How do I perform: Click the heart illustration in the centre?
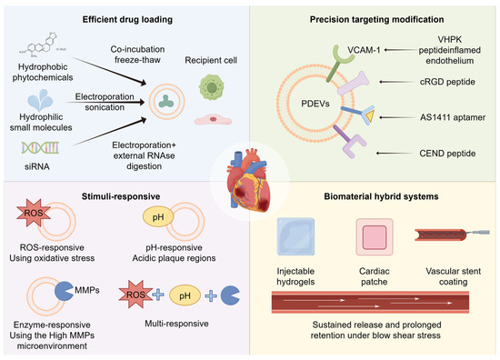[249, 181]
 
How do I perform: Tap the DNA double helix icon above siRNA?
[40, 147]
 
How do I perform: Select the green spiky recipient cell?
[212, 87]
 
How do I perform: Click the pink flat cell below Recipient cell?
[213, 120]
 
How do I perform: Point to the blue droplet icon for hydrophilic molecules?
[40, 100]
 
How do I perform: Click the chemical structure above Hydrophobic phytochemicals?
[43, 46]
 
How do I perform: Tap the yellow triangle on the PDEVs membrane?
[370, 115]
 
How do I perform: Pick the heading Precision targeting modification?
[376, 19]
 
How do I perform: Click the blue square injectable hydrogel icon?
[295, 236]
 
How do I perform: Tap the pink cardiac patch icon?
[375, 237]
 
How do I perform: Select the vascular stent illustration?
[452, 235]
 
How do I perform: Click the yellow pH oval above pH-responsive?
[158, 217]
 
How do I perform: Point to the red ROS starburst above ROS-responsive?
[33, 213]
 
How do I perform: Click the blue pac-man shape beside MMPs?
[65, 291]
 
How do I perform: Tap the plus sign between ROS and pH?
[158, 295]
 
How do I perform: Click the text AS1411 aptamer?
[453, 117]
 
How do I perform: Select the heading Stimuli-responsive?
[121, 196]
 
